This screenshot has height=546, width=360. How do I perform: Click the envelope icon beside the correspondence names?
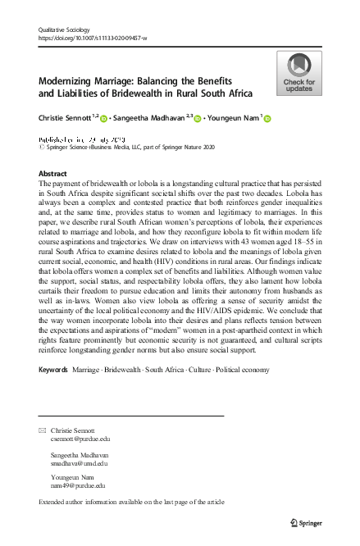pos(43,430)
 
